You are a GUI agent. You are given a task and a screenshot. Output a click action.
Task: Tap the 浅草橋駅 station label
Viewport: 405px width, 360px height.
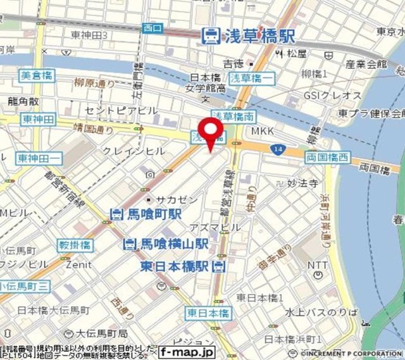[249, 36]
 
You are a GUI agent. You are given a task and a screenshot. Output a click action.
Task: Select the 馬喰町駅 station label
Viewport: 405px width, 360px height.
[146, 214]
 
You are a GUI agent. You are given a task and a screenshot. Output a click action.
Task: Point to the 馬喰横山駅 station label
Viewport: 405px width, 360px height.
[166, 244]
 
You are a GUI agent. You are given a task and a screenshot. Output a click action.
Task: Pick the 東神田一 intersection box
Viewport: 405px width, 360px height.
[39, 158]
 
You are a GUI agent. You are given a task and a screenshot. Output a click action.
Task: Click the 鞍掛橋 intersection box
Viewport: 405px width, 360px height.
[75, 245]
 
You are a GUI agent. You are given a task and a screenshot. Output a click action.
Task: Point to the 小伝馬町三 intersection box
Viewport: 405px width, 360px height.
[25, 287]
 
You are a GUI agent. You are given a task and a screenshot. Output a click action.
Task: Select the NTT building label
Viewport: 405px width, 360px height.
[318, 265]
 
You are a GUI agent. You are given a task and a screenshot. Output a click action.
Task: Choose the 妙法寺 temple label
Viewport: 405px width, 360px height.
[300, 183]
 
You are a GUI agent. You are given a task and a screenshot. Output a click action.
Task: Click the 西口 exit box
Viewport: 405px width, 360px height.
[153, 28]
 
